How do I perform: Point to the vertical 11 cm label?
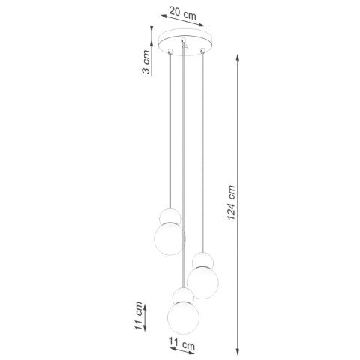click(x=139, y=316)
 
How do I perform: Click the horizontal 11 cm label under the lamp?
click(x=184, y=345)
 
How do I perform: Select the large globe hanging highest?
click(x=169, y=238)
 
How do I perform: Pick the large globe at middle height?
click(x=202, y=283)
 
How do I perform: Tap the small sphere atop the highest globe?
click(x=169, y=217)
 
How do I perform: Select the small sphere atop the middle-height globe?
click(x=202, y=260)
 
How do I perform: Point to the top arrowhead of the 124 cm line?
click(x=238, y=56)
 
